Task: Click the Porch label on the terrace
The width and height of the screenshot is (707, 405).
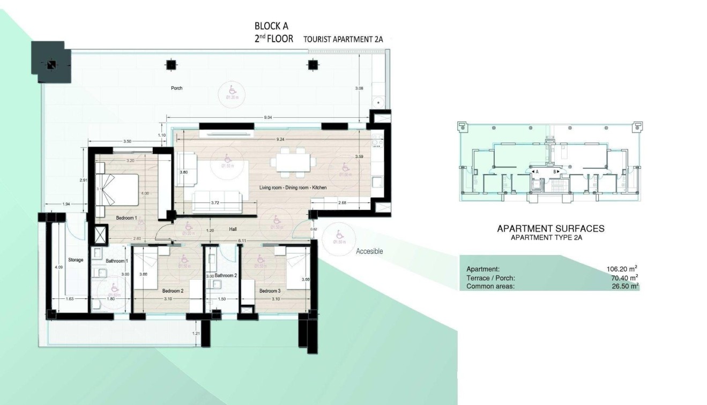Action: click(176, 88)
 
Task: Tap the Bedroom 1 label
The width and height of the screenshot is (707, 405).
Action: click(126, 218)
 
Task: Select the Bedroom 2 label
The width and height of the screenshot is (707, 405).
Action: click(173, 291)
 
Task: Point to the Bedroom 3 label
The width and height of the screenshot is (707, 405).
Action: click(270, 291)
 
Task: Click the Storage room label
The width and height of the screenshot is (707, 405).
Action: click(76, 260)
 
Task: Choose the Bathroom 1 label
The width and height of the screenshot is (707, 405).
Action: click(117, 261)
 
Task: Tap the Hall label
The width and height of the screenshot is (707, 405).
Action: click(233, 229)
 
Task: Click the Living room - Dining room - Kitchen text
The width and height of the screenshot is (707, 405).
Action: click(293, 188)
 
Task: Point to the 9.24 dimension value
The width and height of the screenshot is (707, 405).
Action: click(281, 139)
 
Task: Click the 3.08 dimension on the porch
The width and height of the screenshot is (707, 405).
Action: click(359, 88)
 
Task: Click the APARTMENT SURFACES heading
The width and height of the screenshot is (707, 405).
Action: click(550, 229)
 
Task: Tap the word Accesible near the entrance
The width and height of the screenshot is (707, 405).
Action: click(369, 251)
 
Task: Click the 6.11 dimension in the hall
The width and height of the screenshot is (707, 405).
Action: click(241, 241)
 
